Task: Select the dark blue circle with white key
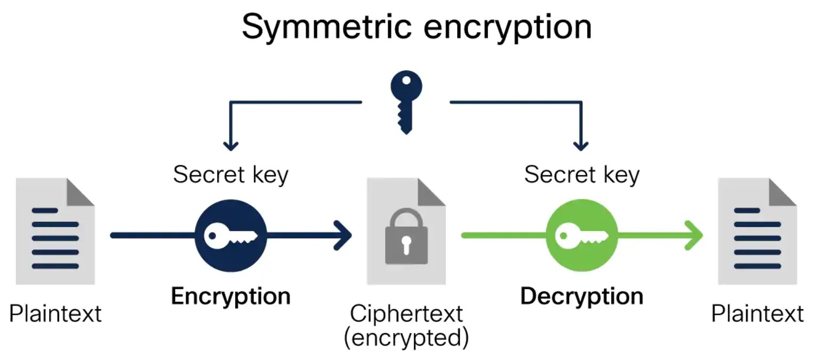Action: click(231, 235)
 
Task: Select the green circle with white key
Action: click(581, 235)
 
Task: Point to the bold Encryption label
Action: click(230, 297)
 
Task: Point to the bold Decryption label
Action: click(581, 297)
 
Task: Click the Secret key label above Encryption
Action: click(230, 175)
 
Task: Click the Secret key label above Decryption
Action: click(581, 175)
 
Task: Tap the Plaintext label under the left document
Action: click(55, 313)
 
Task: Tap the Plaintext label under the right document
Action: click(757, 313)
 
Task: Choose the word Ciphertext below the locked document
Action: click(406, 314)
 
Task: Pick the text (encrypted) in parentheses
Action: click(406, 338)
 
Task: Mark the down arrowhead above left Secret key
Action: click(230, 145)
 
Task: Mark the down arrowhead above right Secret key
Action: click(581, 145)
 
